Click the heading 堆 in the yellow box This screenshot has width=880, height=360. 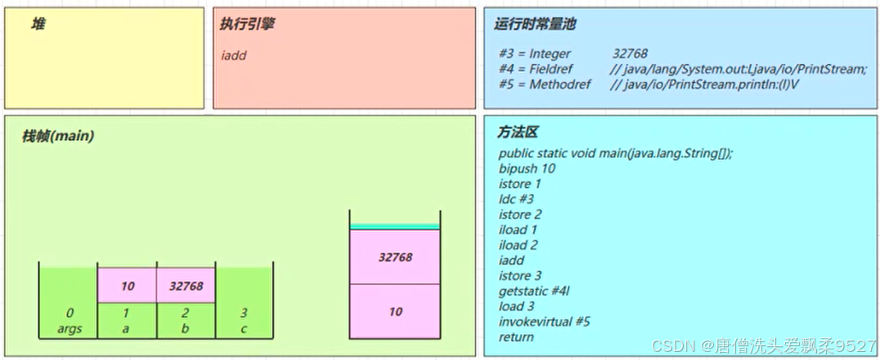click(x=38, y=25)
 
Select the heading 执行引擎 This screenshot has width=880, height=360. click(x=247, y=25)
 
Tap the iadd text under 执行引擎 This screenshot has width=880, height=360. click(x=234, y=56)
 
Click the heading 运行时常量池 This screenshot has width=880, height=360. click(x=535, y=25)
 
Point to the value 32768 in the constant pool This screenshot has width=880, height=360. click(x=630, y=54)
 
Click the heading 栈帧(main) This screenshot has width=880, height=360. click(x=58, y=136)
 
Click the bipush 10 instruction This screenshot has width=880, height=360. click(x=527, y=169)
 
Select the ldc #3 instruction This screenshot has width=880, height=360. click(x=516, y=199)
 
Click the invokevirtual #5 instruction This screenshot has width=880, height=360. click(x=544, y=322)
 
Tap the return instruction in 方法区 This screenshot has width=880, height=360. click(x=516, y=336)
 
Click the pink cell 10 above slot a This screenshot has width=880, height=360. click(x=126, y=286)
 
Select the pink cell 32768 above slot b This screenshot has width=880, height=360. click(x=186, y=286)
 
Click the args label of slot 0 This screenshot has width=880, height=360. click(x=70, y=329)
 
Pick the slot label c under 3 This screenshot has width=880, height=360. click(x=244, y=329)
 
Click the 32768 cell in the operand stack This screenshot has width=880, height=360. click(x=395, y=257)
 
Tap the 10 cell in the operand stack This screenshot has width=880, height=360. click(x=395, y=312)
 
